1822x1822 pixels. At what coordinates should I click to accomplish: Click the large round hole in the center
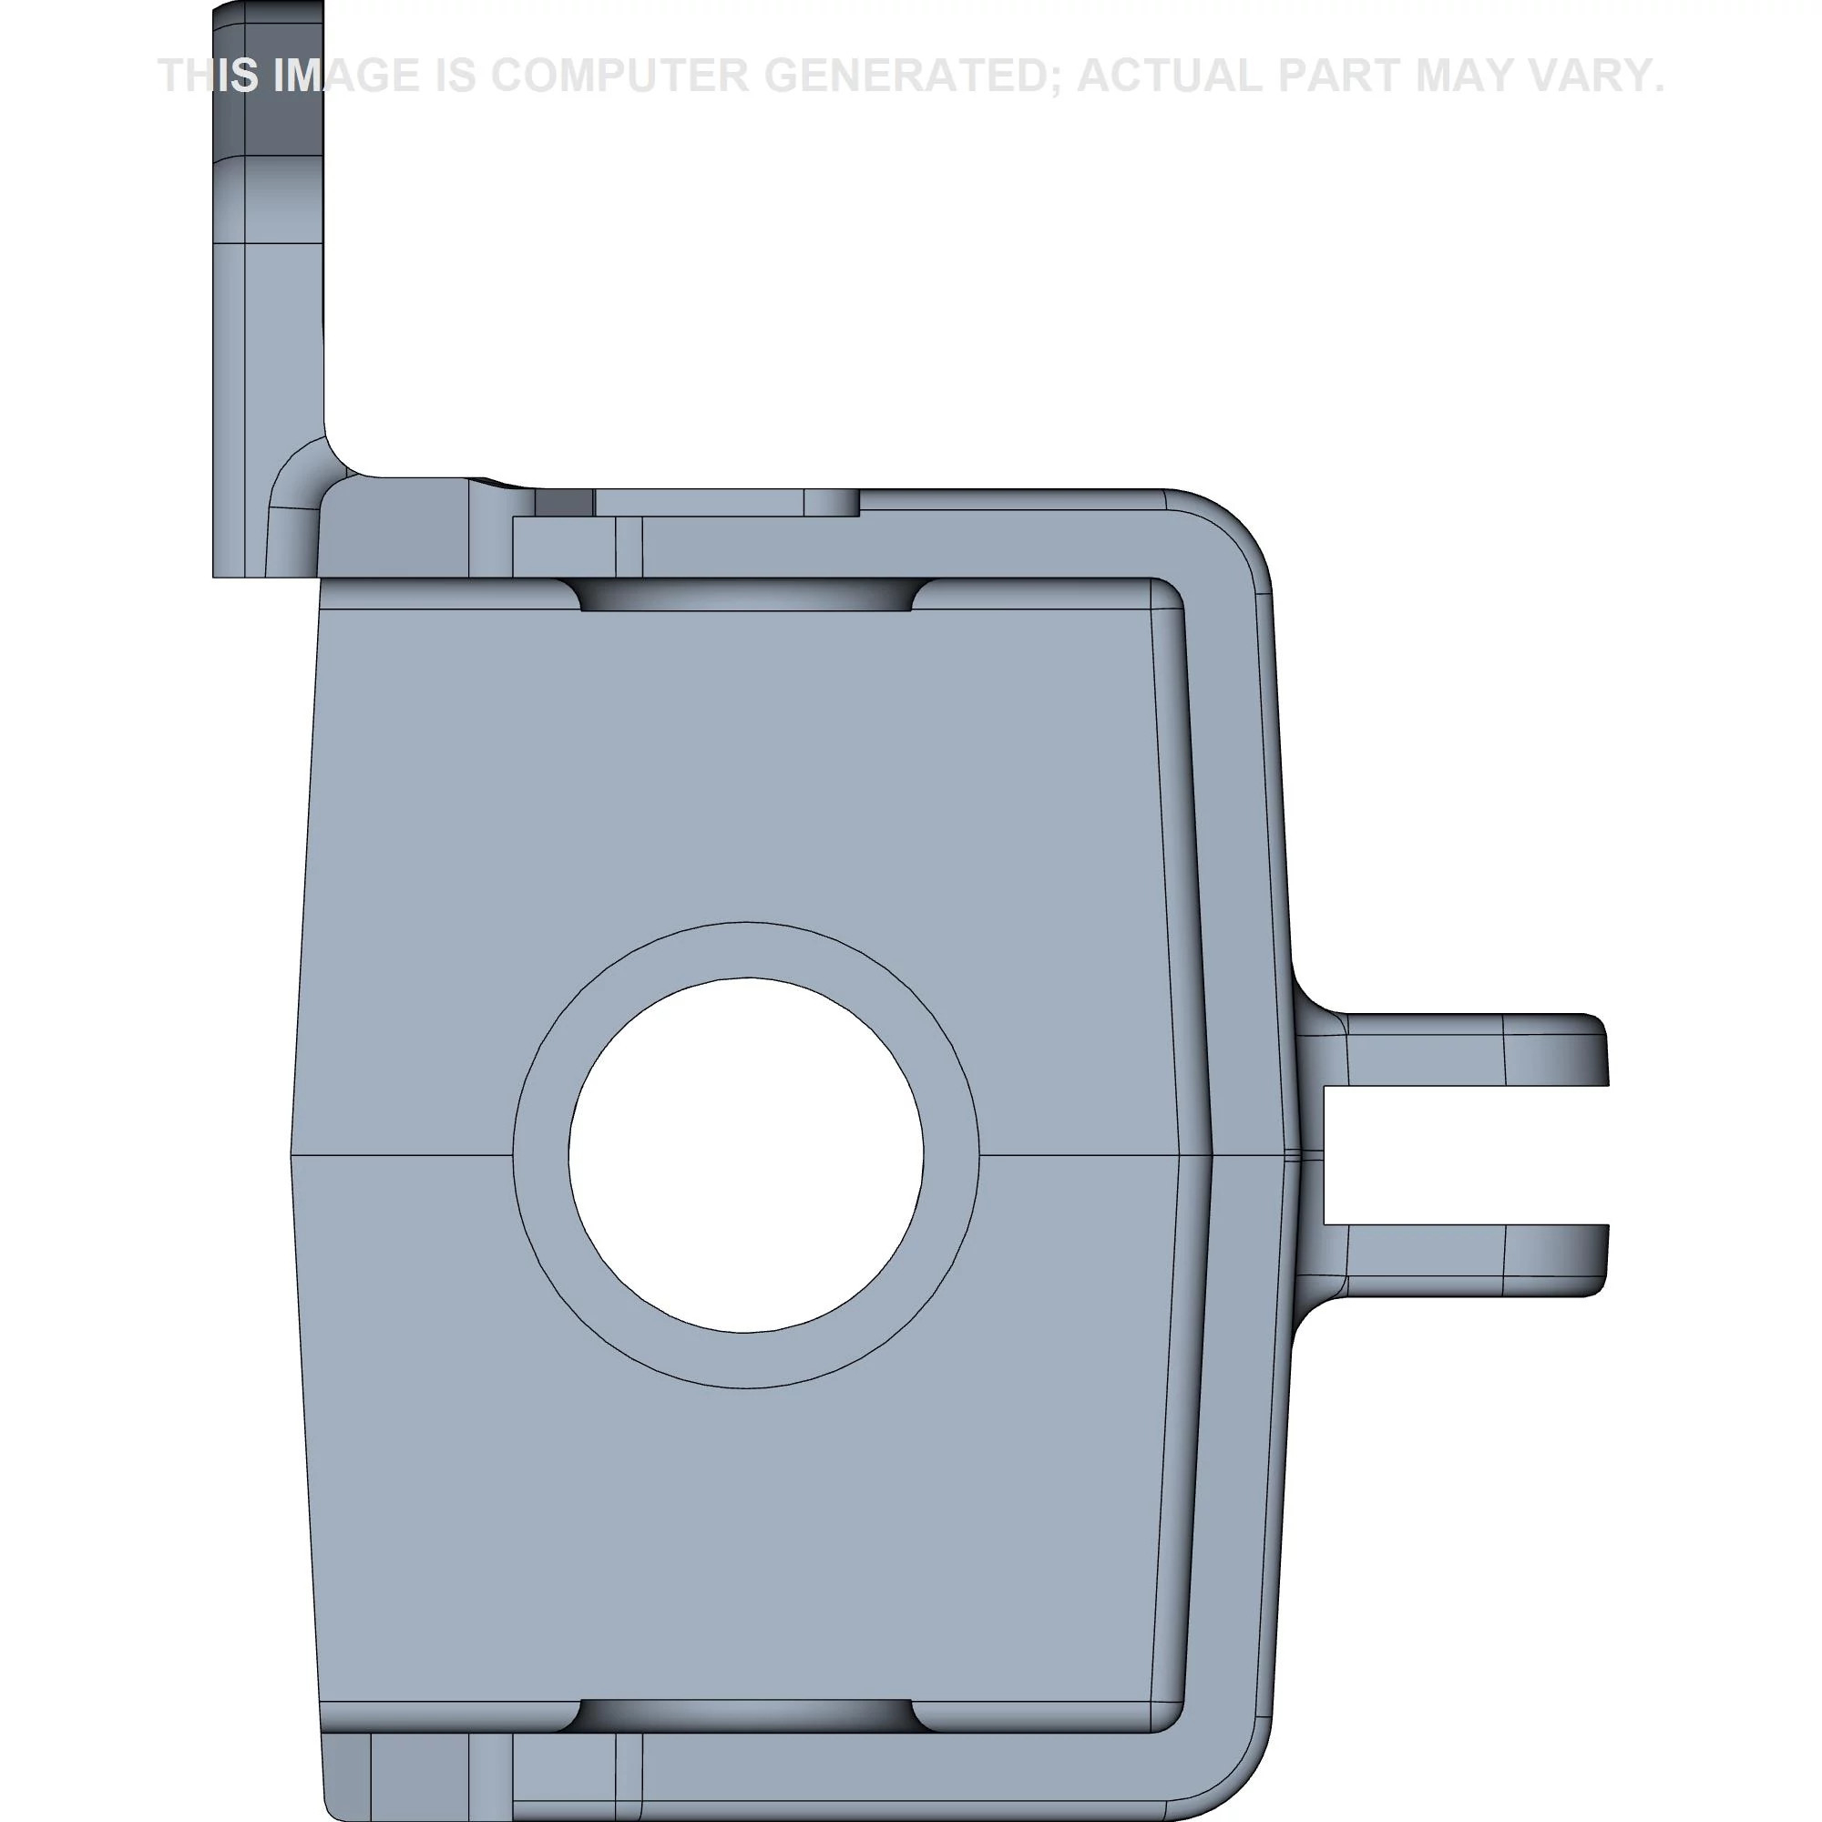[x=746, y=1155]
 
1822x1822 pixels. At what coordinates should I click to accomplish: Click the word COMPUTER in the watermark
[x=619, y=76]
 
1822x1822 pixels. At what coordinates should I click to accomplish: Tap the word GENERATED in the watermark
[x=909, y=76]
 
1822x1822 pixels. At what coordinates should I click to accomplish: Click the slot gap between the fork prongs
[x=1467, y=1155]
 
